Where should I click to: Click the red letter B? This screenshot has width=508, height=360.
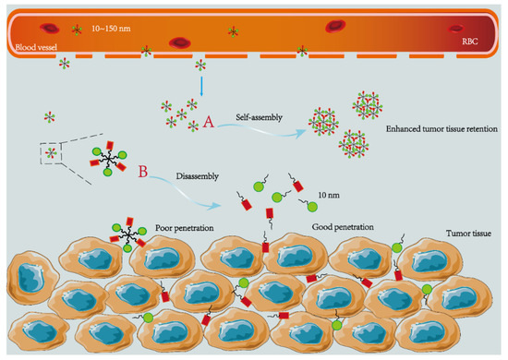141,171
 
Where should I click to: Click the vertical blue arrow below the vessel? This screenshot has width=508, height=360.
200,86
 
